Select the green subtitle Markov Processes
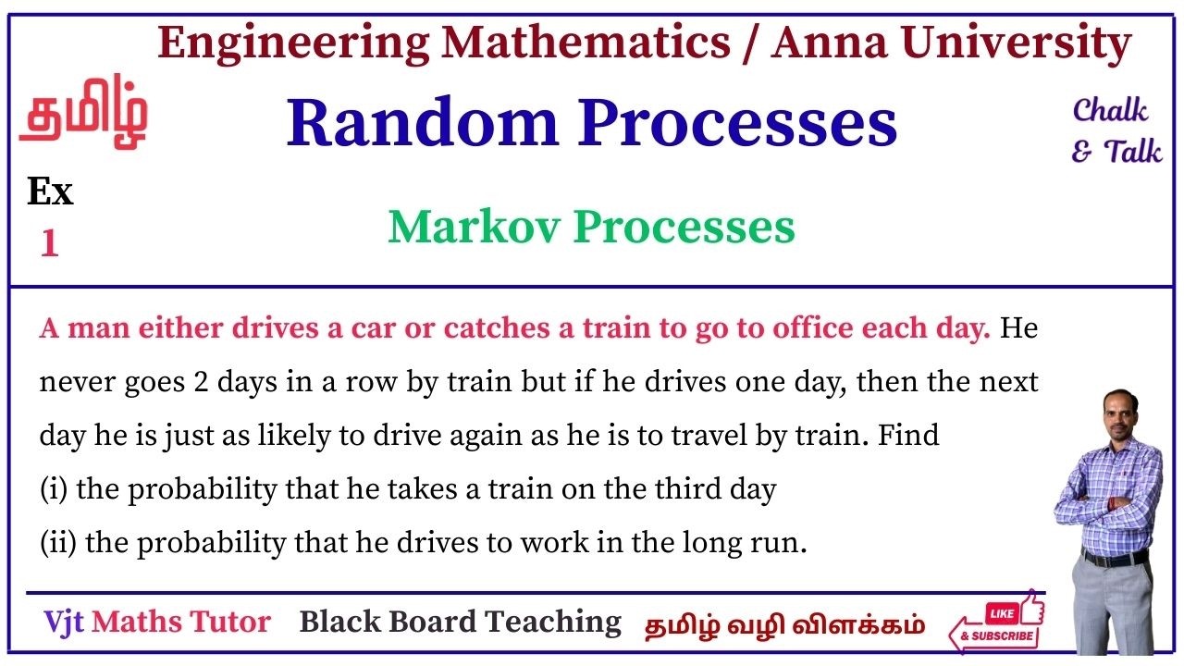(x=591, y=227)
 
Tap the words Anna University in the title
(x=951, y=43)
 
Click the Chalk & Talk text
(x=1115, y=130)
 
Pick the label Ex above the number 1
(x=50, y=192)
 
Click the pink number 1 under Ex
(x=49, y=244)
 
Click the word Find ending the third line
(x=908, y=435)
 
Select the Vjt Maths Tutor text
(x=157, y=622)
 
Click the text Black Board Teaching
(x=460, y=622)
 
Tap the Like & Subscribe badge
(x=997, y=623)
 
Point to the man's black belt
(x=1114, y=559)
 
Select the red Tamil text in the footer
(x=784, y=624)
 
